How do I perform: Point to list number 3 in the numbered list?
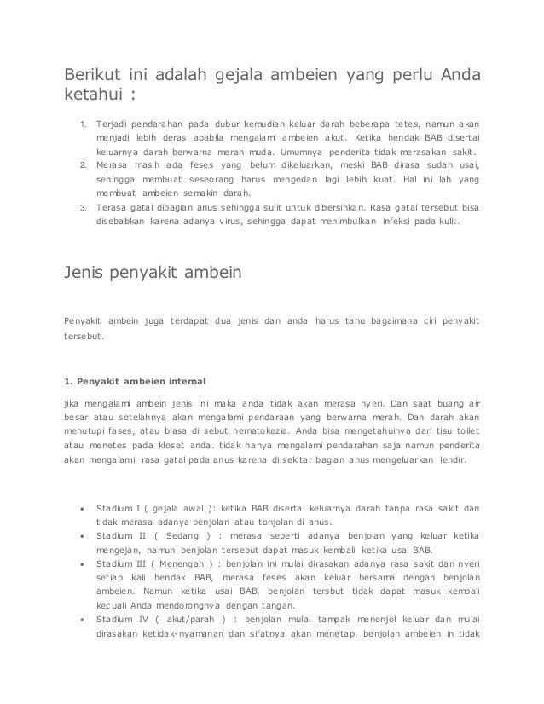point(83,207)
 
